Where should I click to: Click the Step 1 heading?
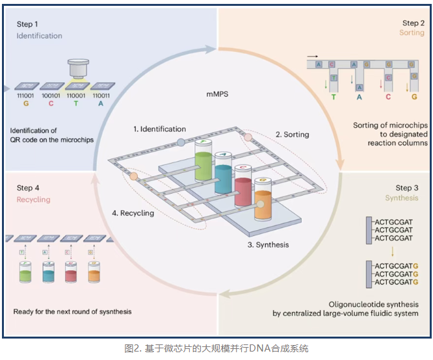pyautogui.click(x=28, y=24)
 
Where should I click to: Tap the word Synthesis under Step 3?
pyautogui.click(x=402, y=198)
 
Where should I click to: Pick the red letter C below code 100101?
pyautogui.click(x=51, y=103)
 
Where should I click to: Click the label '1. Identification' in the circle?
pyautogui.click(x=160, y=129)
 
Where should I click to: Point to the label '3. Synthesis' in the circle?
pyautogui.click(x=268, y=245)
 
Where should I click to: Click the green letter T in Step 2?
pyautogui.click(x=334, y=97)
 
